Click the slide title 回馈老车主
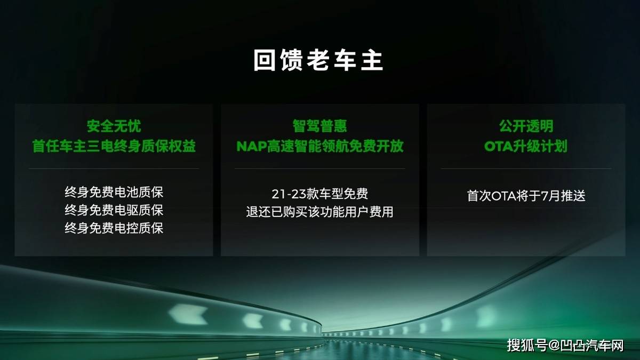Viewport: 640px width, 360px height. pos(318,60)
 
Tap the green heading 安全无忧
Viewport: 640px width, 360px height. pos(114,126)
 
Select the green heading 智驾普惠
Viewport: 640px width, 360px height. pos(319,126)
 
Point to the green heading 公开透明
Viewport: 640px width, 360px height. pos(526,126)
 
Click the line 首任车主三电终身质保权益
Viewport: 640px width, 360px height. pos(114,146)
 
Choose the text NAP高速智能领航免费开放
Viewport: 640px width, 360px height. pos(319,146)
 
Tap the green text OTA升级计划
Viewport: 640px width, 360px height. pos(526,146)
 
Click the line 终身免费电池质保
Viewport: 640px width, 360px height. pos(114,192)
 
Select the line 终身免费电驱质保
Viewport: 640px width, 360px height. pos(114,210)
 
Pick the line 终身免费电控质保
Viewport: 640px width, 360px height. pos(114,228)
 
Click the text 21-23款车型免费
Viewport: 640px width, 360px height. pos(319,194)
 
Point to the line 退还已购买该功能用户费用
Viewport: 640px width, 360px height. pos(319,212)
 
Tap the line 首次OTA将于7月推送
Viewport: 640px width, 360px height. pos(526,196)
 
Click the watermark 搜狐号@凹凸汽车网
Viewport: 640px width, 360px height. pos(565,345)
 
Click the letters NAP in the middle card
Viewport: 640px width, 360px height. pos(251,146)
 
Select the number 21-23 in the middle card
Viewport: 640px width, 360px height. pos(289,194)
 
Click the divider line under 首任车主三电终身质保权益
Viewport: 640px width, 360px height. pos(114,169)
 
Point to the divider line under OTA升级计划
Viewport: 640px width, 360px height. pos(526,169)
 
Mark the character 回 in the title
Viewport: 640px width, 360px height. pos(265,60)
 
